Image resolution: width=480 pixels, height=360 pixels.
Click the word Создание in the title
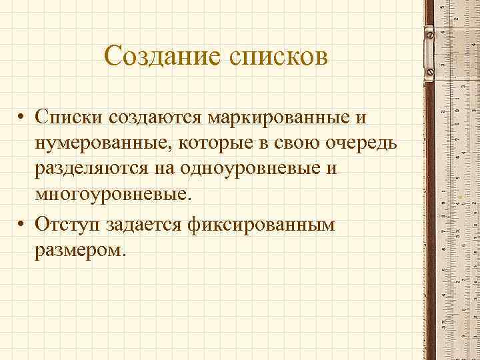tap(163, 57)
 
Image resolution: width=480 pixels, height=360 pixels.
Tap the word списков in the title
tap(278, 57)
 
